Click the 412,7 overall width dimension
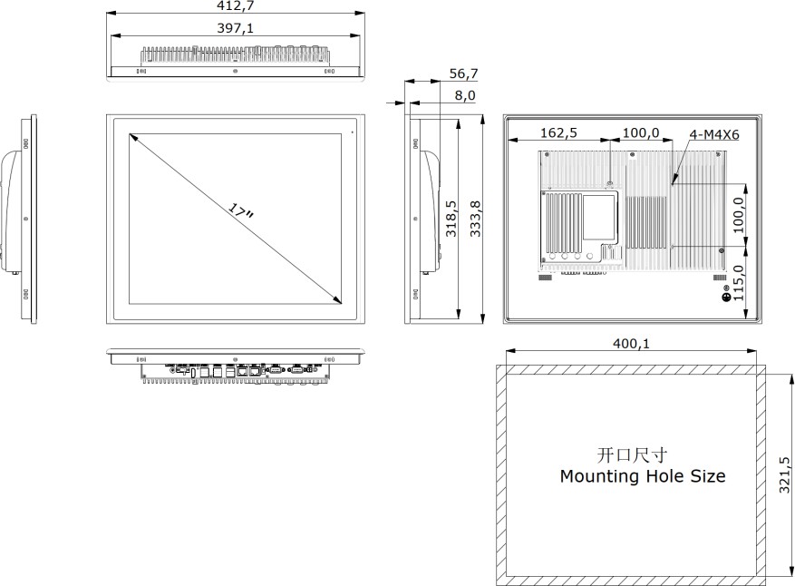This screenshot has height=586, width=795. [x=235, y=7]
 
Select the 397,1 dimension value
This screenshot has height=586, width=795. [x=235, y=28]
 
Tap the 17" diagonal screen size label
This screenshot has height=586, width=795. [x=241, y=212]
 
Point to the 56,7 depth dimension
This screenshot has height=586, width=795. [x=463, y=73]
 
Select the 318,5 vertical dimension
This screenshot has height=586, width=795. [x=451, y=219]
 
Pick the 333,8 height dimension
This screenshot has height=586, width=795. [x=477, y=219]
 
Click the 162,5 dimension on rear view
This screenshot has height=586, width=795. [x=559, y=132]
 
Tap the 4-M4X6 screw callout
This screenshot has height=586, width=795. [x=714, y=134]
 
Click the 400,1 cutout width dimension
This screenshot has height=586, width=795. [x=630, y=344]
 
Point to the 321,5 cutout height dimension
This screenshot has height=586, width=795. [x=785, y=474]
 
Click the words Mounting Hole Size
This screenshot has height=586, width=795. [x=642, y=475]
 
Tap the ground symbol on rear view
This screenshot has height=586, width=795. [x=725, y=297]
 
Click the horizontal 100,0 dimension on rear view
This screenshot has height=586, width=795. [x=640, y=132]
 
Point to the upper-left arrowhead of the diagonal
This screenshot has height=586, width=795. [x=132, y=138]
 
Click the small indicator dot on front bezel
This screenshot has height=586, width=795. [x=352, y=132]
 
